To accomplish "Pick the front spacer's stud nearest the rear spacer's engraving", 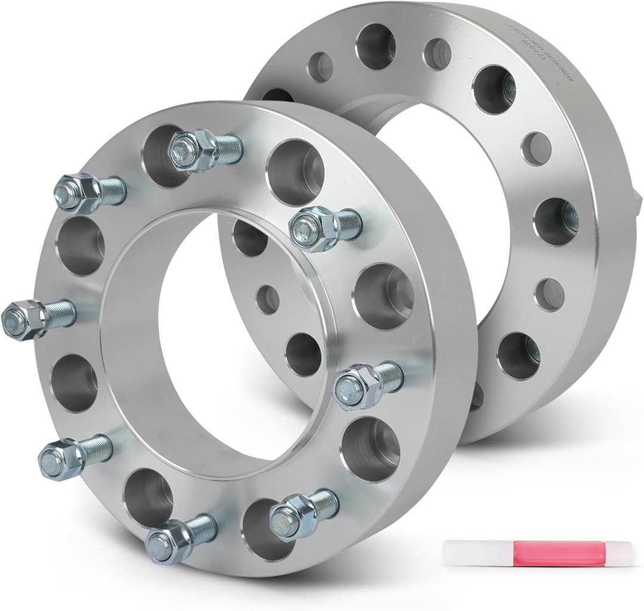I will click(x=325, y=227).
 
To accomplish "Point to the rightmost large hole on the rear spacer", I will click(x=556, y=221).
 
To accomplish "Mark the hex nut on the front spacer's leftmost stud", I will click(x=21, y=319).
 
